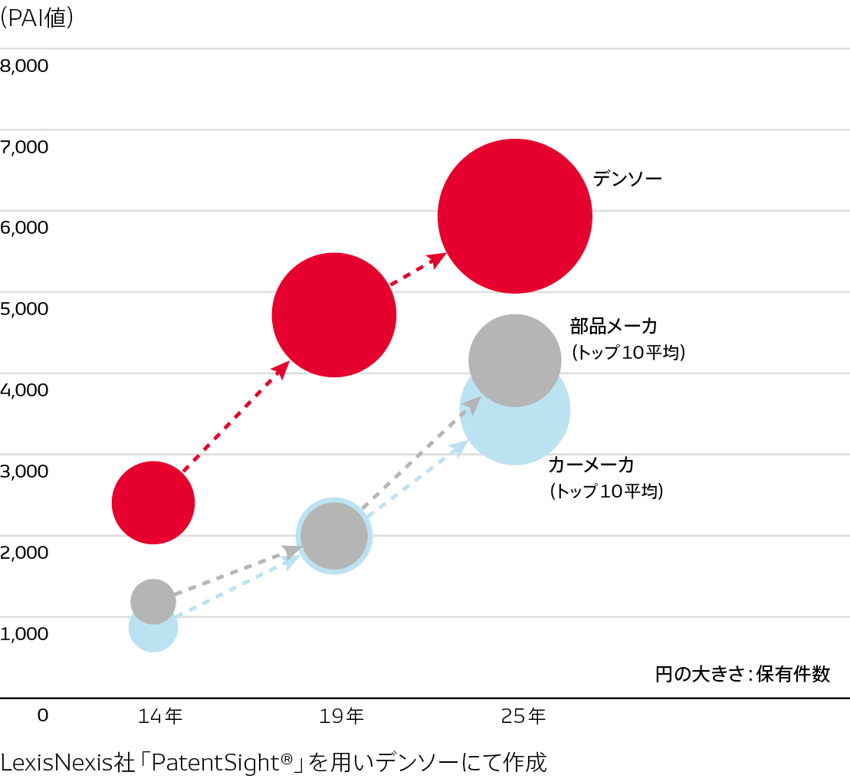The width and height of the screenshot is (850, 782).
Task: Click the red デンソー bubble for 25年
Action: [514, 216]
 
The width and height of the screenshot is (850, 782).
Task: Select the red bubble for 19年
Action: [334, 314]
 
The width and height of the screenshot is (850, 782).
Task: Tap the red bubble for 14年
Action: [153, 503]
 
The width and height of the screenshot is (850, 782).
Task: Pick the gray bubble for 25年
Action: [514, 360]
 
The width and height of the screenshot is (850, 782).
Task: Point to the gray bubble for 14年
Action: [153, 600]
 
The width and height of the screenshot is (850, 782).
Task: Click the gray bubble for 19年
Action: [334, 536]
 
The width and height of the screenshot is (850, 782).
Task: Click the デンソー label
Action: [627, 179]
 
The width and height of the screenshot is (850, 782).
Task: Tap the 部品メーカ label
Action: [613, 327]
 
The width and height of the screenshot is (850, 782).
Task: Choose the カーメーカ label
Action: [591, 465]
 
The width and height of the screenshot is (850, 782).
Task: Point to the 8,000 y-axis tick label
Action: [25, 67]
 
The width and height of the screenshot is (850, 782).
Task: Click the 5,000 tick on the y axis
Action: [25, 309]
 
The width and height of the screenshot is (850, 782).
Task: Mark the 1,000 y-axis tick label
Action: [25, 634]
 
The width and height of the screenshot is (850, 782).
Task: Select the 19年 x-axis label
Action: [342, 717]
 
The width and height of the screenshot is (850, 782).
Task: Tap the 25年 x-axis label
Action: [523, 717]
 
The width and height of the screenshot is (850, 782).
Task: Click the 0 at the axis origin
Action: [43, 715]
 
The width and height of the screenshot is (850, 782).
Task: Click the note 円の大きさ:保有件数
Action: [743, 675]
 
